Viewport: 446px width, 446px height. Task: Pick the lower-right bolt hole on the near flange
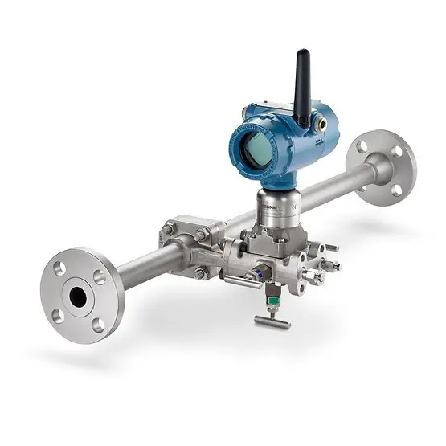(x=98, y=324)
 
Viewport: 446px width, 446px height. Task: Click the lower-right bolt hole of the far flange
(x=396, y=190)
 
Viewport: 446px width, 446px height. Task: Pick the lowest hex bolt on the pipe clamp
(x=200, y=273)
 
